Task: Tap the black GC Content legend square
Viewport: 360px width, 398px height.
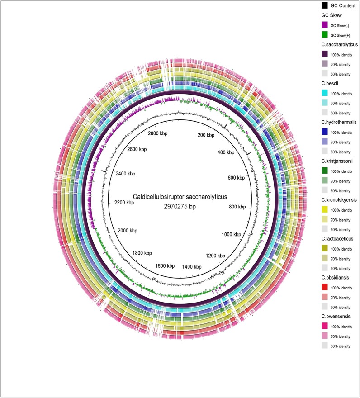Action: pyautogui.click(x=324, y=6)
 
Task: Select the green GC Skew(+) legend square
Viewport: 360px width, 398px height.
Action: pyautogui.click(x=324, y=35)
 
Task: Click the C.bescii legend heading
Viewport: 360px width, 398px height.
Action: pyautogui.click(x=333, y=83)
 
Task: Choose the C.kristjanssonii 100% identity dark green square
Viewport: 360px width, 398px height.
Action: pyautogui.click(x=324, y=171)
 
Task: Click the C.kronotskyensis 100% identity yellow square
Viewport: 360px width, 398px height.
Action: pyautogui.click(x=324, y=209)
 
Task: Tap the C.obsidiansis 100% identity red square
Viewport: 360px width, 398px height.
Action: pyautogui.click(x=324, y=287)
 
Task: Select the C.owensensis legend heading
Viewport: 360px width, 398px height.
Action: pyautogui.click(x=336, y=316)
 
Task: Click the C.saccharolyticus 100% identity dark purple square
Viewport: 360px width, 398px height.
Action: pyautogui.click(x=324, y=54)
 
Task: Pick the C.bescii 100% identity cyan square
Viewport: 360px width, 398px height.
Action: pyautogui.click(x=324, y=93)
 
